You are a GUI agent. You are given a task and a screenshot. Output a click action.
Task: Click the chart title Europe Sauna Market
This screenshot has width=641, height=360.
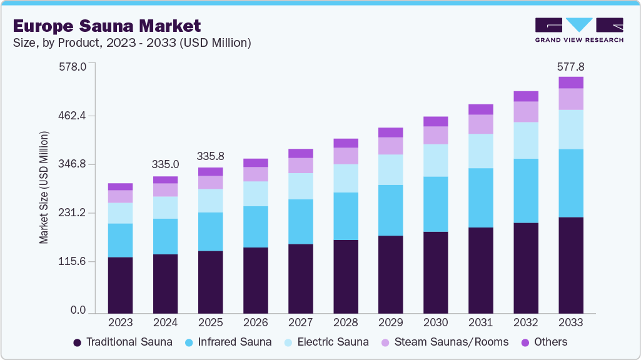107,26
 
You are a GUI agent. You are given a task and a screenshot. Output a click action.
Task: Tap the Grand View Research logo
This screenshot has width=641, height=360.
578,30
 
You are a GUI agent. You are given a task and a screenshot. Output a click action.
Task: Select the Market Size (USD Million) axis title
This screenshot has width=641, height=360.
44,187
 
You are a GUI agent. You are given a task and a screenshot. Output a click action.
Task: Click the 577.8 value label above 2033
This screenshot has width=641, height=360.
571,66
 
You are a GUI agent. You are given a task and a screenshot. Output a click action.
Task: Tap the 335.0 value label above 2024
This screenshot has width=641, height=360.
166,164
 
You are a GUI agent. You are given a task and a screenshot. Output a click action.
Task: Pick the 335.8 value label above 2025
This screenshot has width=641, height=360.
211,156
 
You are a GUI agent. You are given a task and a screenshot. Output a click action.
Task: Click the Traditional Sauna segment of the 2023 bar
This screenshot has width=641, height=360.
120,285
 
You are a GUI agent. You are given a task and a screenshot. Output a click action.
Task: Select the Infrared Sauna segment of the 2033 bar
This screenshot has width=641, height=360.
571,183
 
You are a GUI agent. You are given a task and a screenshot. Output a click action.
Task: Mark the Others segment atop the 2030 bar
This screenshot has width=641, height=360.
436,121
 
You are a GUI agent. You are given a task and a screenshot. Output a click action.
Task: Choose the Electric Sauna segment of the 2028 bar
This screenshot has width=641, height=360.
346,178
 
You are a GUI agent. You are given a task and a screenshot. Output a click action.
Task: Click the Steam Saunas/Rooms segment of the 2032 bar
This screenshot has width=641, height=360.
526,111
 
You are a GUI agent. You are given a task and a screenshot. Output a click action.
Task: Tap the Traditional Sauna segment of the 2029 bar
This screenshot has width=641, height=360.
391,274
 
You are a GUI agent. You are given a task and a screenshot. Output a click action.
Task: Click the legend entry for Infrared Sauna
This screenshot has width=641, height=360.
228,342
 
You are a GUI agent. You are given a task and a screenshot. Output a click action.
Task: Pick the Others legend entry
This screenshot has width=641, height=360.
544,342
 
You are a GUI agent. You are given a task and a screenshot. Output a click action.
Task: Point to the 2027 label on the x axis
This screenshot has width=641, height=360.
301,322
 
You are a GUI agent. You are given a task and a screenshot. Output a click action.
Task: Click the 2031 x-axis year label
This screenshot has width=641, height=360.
481,322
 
